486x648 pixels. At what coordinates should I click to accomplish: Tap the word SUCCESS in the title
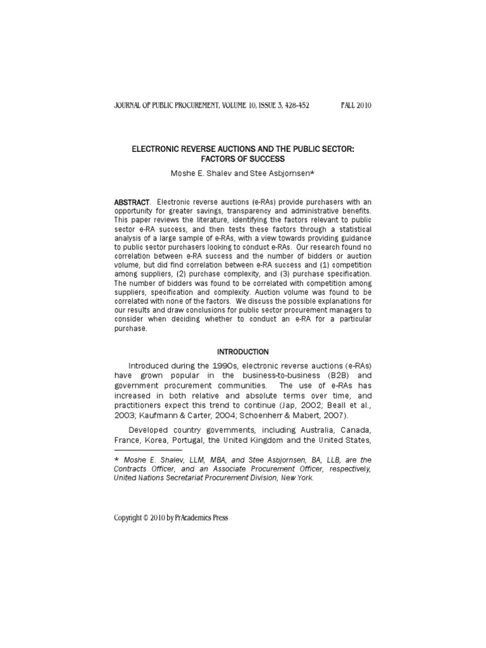266,159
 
